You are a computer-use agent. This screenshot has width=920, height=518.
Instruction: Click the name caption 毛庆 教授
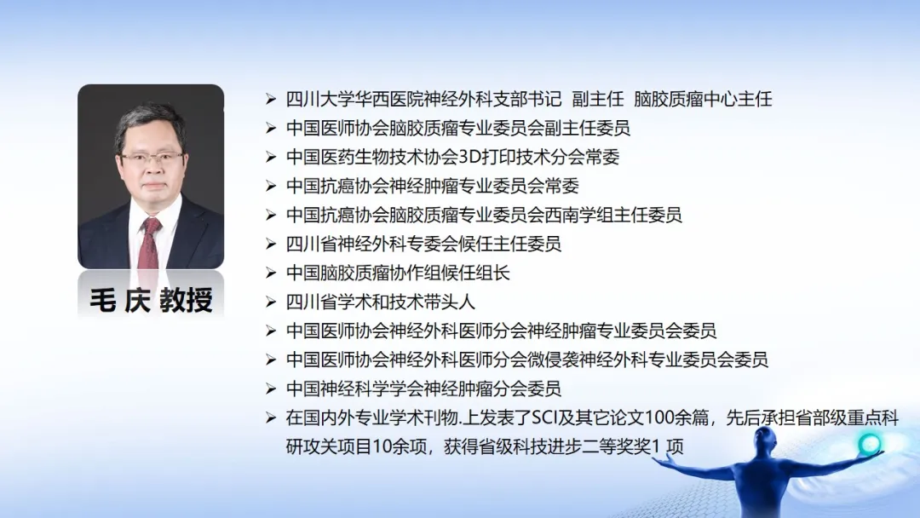click(x=151, y=301)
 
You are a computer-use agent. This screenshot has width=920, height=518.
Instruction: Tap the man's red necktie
click(x=149, y=243)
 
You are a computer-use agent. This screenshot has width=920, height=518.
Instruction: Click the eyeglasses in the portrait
click(x=152, y=158)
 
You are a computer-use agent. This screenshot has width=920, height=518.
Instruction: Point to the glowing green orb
click(x=869, y=444)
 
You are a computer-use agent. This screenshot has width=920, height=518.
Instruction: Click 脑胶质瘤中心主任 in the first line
click(x=703, y=99)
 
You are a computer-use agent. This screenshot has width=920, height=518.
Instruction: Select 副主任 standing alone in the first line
click(x=598, y=99)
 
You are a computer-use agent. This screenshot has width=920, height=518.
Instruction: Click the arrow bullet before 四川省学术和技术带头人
click(x=271, y=302)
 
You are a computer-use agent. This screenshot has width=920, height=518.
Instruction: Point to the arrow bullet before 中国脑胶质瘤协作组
click(x=271, y=273)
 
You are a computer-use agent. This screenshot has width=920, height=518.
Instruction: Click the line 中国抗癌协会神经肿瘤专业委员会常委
click(x=433, y=186)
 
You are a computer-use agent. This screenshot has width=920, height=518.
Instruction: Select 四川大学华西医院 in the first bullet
click(x=354, y=99)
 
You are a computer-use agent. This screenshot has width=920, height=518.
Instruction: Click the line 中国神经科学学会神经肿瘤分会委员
click(x=423, y=388)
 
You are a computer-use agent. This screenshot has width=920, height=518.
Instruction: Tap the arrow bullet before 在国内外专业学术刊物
click(x=271, y=418)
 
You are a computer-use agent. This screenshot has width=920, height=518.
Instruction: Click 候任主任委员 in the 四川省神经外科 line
click(x=510, y=244)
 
